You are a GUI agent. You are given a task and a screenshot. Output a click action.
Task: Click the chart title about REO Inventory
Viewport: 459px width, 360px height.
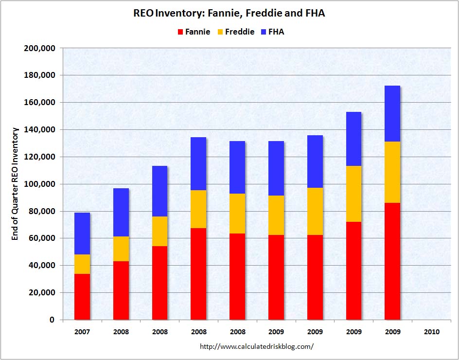coord(229,14)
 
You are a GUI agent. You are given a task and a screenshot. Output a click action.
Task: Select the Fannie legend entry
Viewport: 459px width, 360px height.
coord(194,32)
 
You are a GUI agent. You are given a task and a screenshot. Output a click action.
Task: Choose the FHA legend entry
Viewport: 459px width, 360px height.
coord(272,32)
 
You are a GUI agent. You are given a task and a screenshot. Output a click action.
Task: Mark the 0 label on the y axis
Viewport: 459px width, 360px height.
coord(51,320)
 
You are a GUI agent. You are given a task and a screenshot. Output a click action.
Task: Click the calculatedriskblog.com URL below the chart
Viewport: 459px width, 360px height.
coord(257,347)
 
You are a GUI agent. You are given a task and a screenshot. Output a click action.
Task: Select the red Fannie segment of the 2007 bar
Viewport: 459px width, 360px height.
coord(82,297)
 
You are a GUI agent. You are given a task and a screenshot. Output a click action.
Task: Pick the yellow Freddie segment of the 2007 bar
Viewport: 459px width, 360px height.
coord(82,264)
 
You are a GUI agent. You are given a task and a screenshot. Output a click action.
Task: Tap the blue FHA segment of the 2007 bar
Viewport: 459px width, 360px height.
coord(82,234)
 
